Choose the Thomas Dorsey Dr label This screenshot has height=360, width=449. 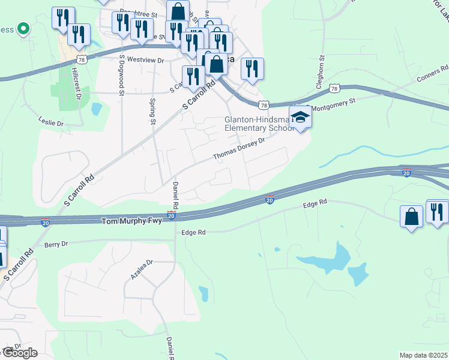coord(239,150)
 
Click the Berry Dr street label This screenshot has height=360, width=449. coord(56,244)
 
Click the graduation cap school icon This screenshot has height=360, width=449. coord(300,117)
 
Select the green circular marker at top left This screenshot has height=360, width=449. coord(23,28)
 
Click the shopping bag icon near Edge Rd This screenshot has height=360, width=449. coord(411,217)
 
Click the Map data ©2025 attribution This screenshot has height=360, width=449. coord(424,355)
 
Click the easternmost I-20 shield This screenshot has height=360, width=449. coord(406,173)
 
